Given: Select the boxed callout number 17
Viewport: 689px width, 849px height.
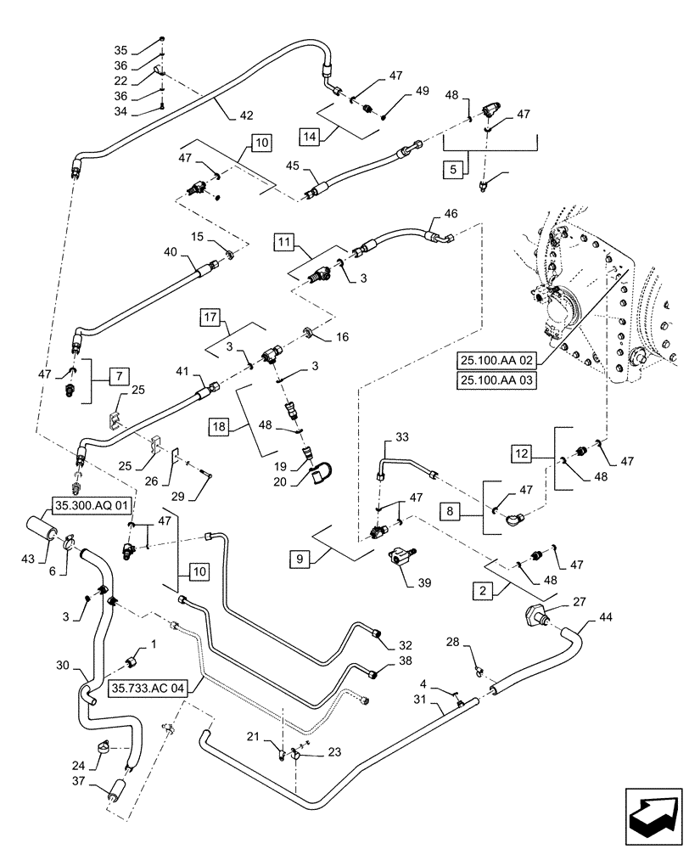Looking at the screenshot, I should tap(210, 318).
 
